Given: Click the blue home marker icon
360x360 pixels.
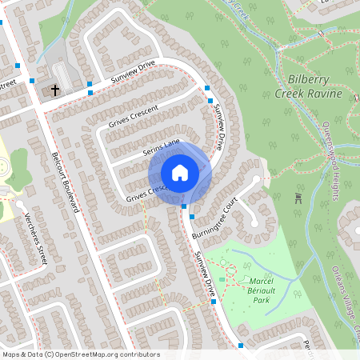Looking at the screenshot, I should click(x=180, y=173).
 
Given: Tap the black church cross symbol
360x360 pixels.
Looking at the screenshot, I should click(x=56, y=90).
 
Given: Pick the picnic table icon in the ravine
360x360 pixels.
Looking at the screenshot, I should click(x=298, y=197).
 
